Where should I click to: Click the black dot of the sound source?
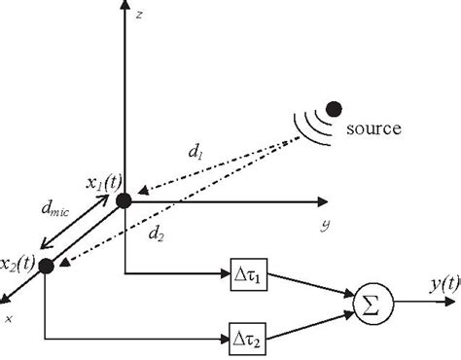pyautogui.click(x=334, y=108)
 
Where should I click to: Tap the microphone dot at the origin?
pyautogui.click(x=124, y=201)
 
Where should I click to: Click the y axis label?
pyautogui.click(x=320, y=225)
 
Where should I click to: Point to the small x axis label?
pyautogui.click(x=10, y=316)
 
